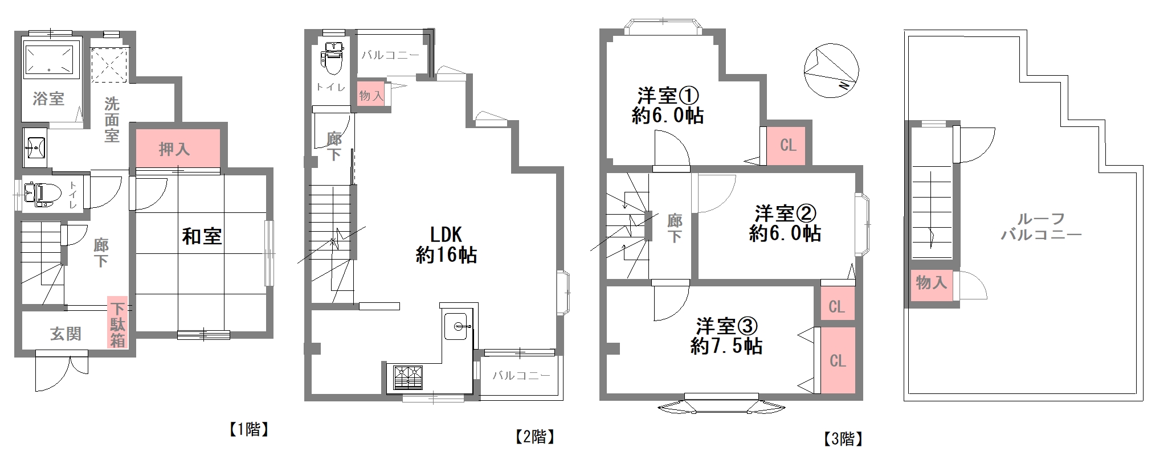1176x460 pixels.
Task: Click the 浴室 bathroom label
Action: click(x=48, y=98)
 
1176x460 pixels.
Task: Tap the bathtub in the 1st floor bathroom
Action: click(x=50, y=59)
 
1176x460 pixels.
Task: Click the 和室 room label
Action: click(x=202, y=236)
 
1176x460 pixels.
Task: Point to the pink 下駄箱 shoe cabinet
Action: click(x=117, y=325)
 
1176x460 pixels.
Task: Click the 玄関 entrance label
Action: click(x=66, y=334)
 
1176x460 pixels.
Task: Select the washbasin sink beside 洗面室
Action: click(x=35, y=147)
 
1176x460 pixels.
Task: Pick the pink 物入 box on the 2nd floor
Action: click(x=371, y=96)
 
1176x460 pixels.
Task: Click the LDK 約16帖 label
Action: click(x=446, y=245)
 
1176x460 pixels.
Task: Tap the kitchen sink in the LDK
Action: click(x=456, y=327)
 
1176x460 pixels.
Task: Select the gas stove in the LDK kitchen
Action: click(x=408, y=377)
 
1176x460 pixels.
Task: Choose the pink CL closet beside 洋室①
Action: click(x=788, y=145)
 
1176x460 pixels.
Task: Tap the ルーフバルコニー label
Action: click(x=1041, y=227)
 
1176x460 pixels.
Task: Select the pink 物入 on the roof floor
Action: click(x=931, y=282)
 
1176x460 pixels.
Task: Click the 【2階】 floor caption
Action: click(x=534, y=437)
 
